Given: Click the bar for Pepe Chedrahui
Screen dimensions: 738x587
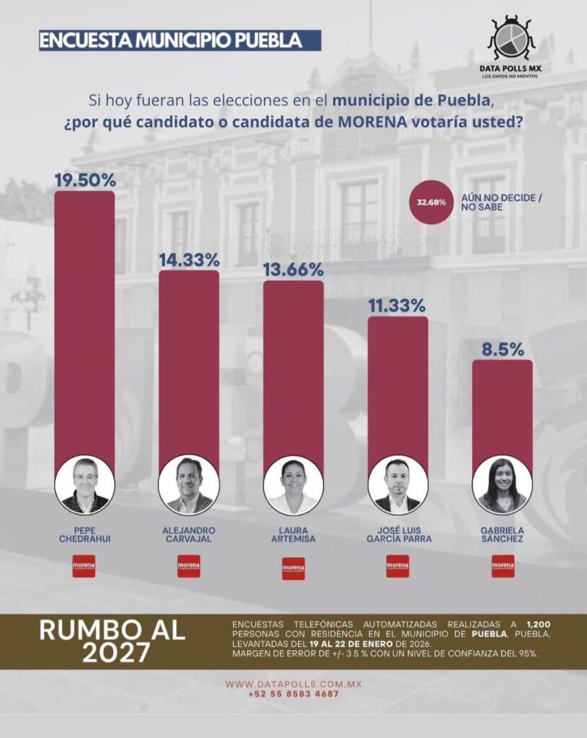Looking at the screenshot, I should (84, 324).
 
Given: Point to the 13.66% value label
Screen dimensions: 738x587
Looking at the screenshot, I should (293, 268).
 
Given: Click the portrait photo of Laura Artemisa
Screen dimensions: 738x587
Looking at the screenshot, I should (293, 485).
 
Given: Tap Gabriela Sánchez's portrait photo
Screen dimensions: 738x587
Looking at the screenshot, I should (502, 485).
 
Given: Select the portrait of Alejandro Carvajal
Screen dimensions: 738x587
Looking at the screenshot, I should (189, 485).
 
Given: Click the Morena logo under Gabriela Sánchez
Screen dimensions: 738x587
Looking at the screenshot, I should (503, 566).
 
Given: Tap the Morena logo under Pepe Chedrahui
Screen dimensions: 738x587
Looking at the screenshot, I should (84, 566).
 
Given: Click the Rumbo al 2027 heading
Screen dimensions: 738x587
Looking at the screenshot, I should (112, 640).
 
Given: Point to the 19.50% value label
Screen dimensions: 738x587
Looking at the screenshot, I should (85, 178).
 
